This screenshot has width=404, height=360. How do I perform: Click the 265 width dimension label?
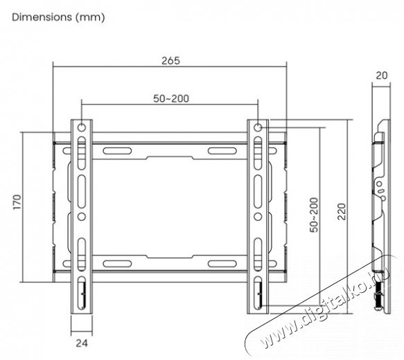[170, 61]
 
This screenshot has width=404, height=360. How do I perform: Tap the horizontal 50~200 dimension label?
[171, 98]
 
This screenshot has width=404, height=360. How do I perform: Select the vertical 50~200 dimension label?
[314, 215]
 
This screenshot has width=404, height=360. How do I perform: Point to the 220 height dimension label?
[342, 212]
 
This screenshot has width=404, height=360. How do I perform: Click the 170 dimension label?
[17, 202]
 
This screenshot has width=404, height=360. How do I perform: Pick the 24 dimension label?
[82, 343]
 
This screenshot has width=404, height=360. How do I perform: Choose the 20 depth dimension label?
[382, 75]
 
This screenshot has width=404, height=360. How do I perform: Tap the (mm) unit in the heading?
[90, 17]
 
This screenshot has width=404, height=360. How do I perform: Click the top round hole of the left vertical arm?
[82, 127]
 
